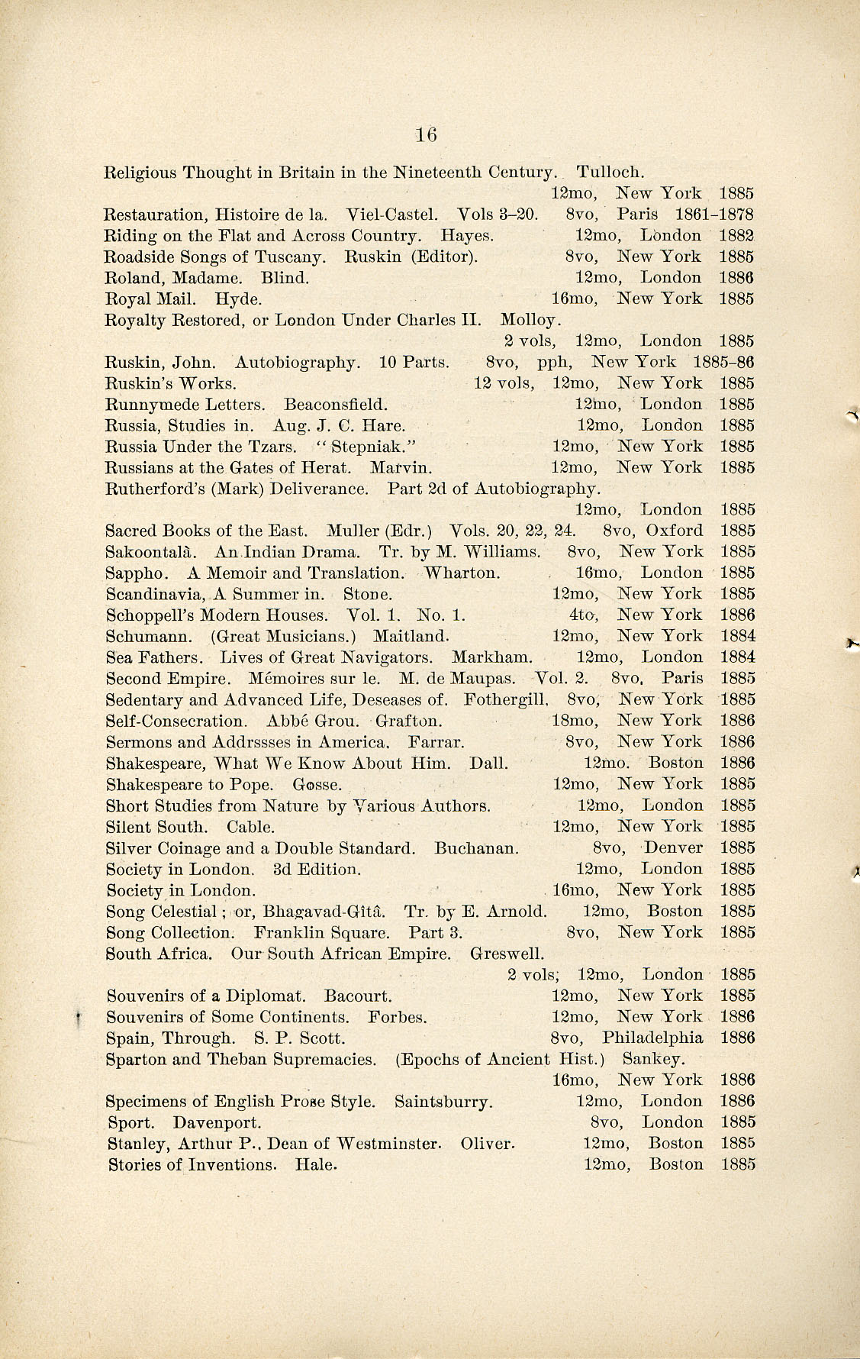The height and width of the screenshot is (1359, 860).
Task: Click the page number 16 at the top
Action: tap(426, 135)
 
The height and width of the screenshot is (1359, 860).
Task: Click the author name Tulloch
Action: tap(612, 173)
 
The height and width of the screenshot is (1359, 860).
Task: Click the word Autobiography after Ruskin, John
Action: tap(297, 362)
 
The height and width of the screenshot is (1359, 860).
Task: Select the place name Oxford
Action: tap(675, 531)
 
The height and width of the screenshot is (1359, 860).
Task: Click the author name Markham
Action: tap(492, 657)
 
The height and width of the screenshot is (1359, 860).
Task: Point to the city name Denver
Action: tap(673, 847)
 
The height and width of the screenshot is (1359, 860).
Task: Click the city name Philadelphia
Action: tap(652, 1038)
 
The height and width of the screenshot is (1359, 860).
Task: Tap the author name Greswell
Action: tap(507, 954)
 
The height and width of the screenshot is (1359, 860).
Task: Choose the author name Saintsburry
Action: tap(443, 1102)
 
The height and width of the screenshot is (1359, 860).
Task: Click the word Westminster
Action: tap(388, 1144)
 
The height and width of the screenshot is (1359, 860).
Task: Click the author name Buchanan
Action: tap(477, 848)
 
